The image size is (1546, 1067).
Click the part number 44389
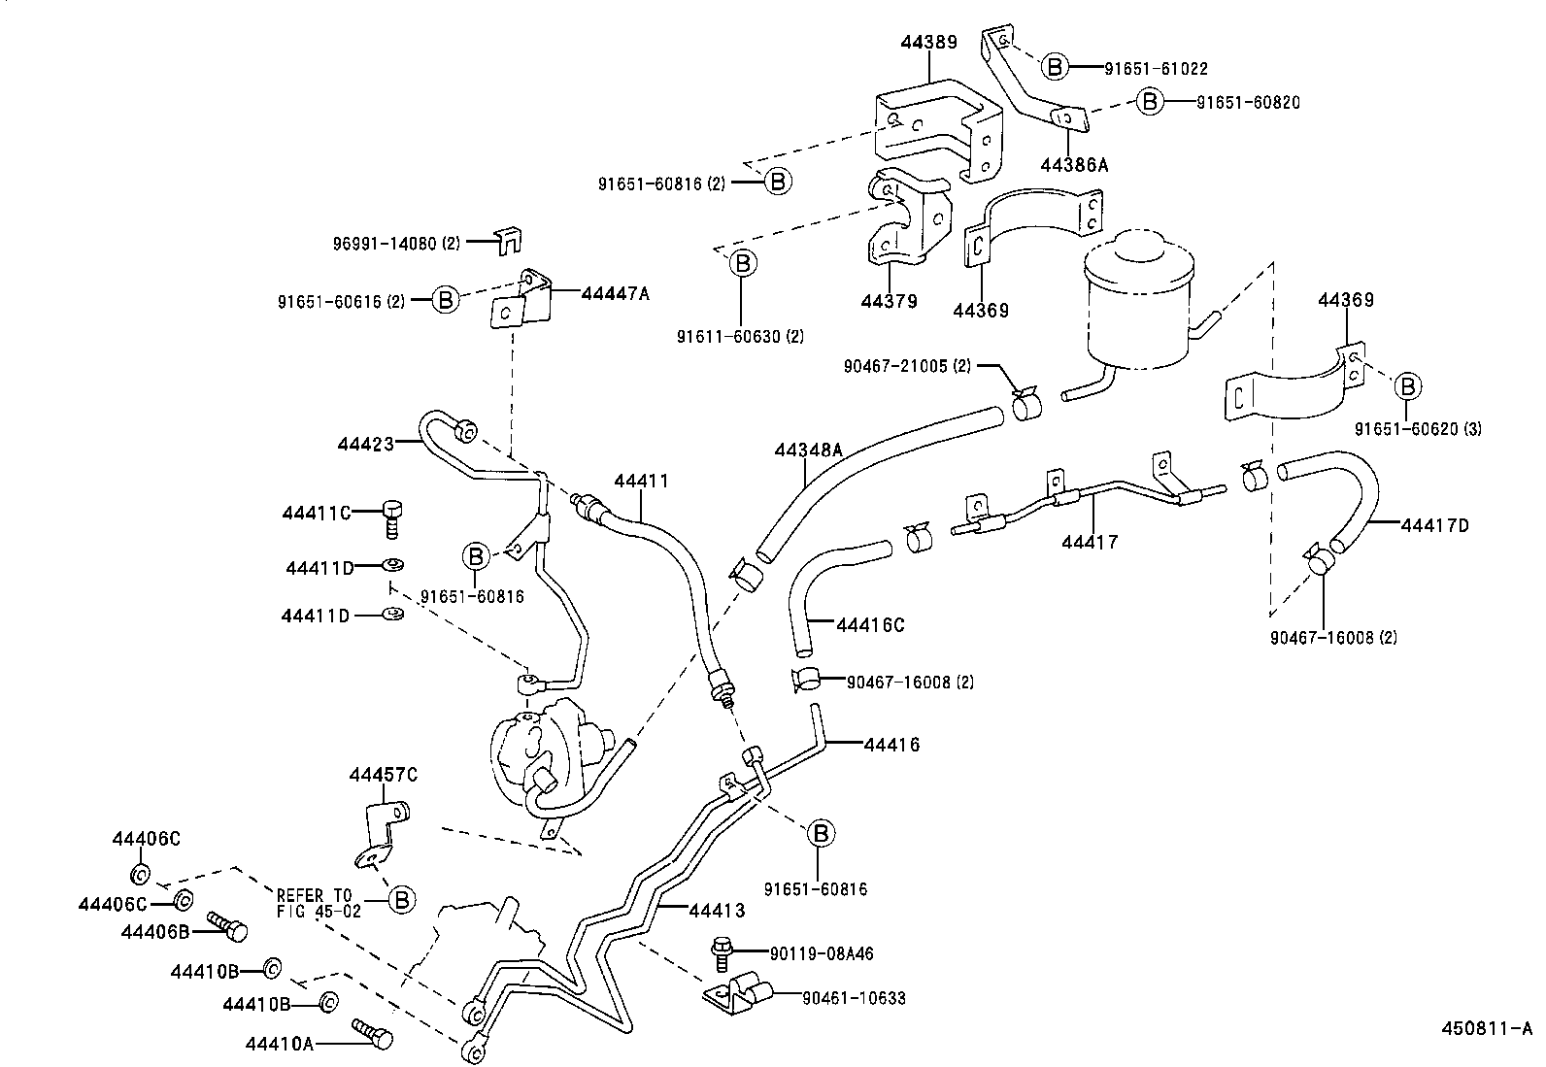click(927, 42)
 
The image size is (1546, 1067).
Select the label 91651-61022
click(1156, 68)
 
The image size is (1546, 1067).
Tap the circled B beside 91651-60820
click(1150, 101)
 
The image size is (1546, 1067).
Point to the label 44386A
click(1073, 165)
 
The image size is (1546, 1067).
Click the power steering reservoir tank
click(1136, 301)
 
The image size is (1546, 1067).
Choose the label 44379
click(889, 302)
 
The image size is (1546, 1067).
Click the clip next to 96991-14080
click(508, 241)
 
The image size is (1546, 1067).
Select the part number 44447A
click(615, 293)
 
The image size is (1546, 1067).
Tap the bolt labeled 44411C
click(392, 517)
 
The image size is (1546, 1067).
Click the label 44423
click(366, 444)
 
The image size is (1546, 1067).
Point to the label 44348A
click(808, 450)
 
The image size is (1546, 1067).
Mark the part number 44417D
click(1434, 525)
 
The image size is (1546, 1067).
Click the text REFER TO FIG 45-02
click(319, 903)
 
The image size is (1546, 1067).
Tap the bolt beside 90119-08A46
click(722, 952)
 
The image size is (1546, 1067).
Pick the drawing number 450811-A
click(1486, 1028)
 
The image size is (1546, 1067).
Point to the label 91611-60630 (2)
click(741, 337)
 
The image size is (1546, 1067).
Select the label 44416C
click(869, 625)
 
